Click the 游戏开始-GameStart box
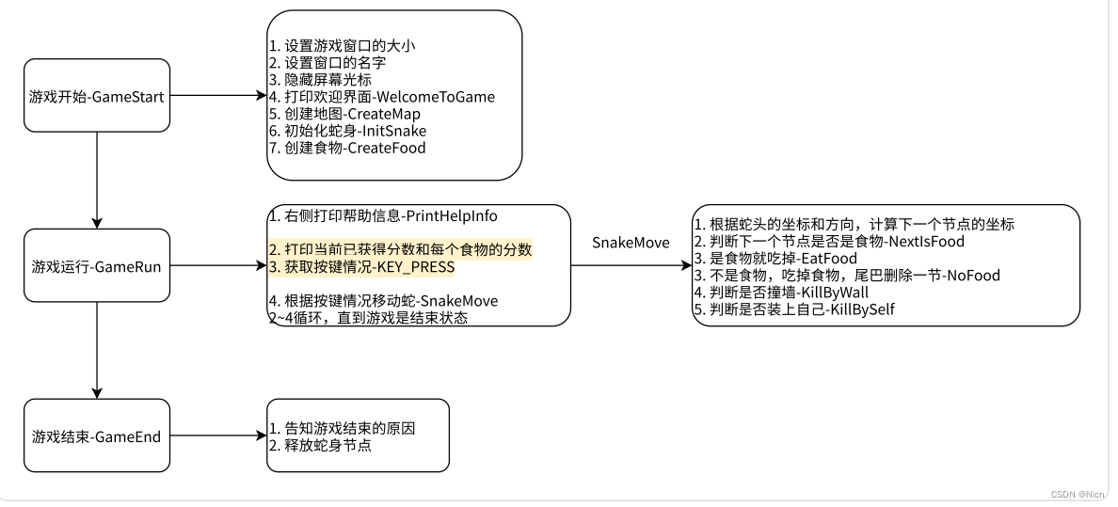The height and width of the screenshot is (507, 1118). click(x=97, y=96)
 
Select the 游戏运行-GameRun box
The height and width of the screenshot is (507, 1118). click(x=97, y=266)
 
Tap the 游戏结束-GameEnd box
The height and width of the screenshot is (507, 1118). click(x=97, y=436)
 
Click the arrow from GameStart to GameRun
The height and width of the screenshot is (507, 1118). click(x=97, y=179)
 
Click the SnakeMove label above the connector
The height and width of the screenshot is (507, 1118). click(x=631, y=243)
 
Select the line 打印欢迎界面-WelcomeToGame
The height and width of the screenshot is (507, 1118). click(x=381, y=97)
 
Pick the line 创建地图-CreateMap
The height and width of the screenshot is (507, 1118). click(x=344, y=114)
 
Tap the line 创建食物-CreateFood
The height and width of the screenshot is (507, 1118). click(x=347, y=148)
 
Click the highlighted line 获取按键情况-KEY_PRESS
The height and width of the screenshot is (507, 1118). click(x=361, y=267)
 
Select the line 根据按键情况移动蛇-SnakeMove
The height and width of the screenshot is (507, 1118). click(x=383, y=301)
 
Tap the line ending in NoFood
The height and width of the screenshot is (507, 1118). click(x=847, y=276)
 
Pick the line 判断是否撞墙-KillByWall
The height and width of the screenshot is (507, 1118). click(x=792, y=293)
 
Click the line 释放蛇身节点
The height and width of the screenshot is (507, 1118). click(x=320, y=445)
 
